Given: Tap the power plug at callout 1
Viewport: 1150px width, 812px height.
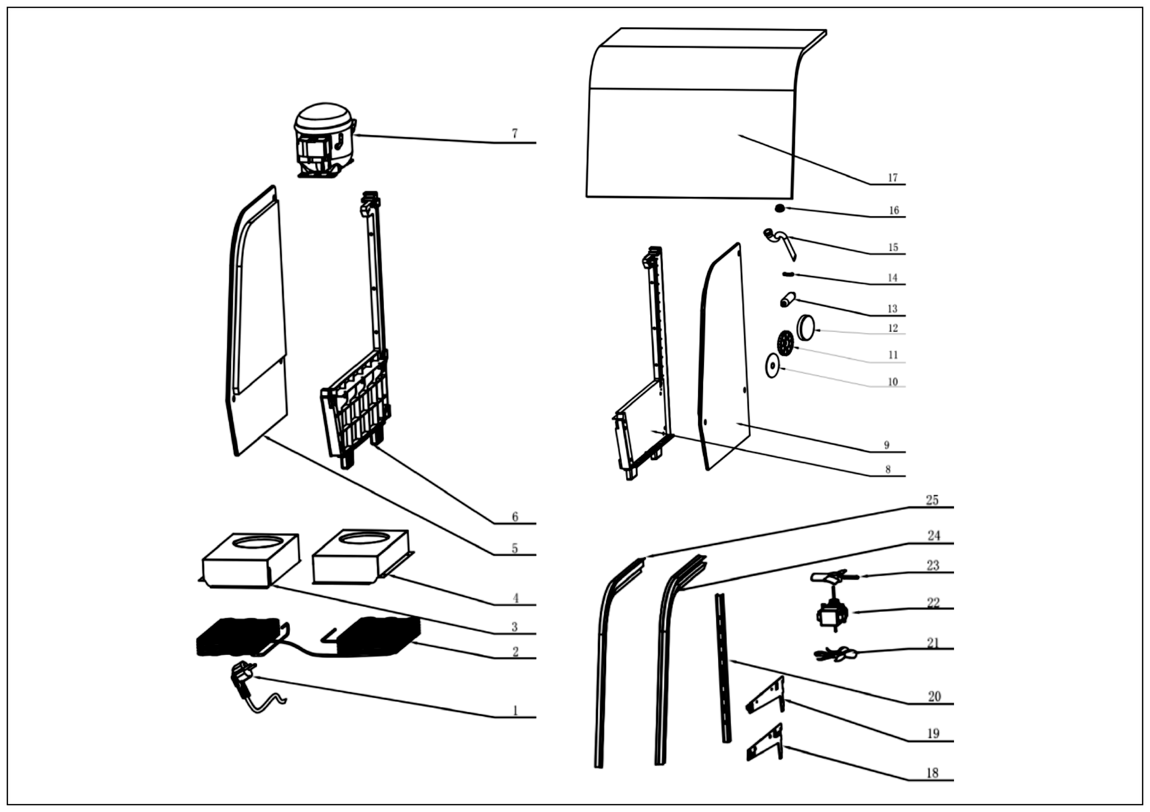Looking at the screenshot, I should click(x=242, y=679).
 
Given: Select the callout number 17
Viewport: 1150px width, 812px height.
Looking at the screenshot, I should click(x=893, y=178).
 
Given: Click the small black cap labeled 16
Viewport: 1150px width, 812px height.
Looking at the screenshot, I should click(x=779, y=208).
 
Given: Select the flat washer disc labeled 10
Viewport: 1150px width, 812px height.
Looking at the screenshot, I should click(x=772, y=367).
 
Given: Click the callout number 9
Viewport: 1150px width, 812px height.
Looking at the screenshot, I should click(x=886, y=445).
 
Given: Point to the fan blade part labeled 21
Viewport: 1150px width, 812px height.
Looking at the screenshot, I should click(x=836, y=654).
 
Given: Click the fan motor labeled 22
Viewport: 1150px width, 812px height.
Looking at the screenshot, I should click(x=831, y=614).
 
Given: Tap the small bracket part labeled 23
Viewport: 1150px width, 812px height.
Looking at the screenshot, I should click(x=831, y=577).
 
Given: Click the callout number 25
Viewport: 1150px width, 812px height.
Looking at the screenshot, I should click(x=931, y=500).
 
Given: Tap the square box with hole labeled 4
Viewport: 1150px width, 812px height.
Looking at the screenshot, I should click(x=361, y=557).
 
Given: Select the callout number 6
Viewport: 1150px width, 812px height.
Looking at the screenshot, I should click(x=515, y=516).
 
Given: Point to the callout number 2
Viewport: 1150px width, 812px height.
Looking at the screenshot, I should click(x=515, y=652).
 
